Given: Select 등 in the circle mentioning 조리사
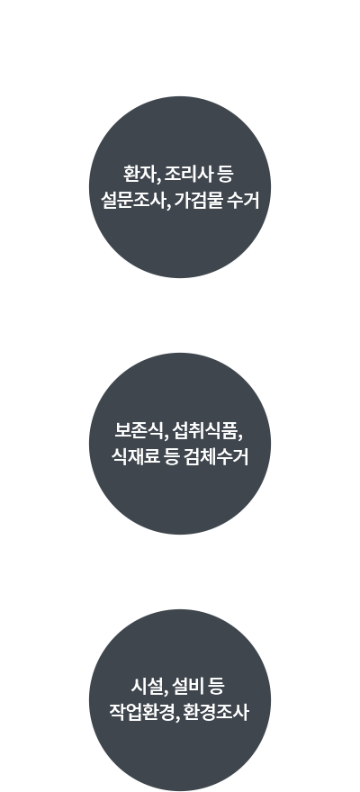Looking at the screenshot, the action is pos(225,174).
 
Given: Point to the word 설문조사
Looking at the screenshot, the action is pos(133,201).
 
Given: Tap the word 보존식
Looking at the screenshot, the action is pos(139,431).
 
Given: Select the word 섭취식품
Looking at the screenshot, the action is pos(205,431).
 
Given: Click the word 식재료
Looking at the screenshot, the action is pos(135,457).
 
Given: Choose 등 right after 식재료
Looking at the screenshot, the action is pos(172,457).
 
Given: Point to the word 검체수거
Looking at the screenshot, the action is pos(217,457).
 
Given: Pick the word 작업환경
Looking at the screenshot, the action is pos(142,712).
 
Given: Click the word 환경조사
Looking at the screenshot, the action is pos(216,712).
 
